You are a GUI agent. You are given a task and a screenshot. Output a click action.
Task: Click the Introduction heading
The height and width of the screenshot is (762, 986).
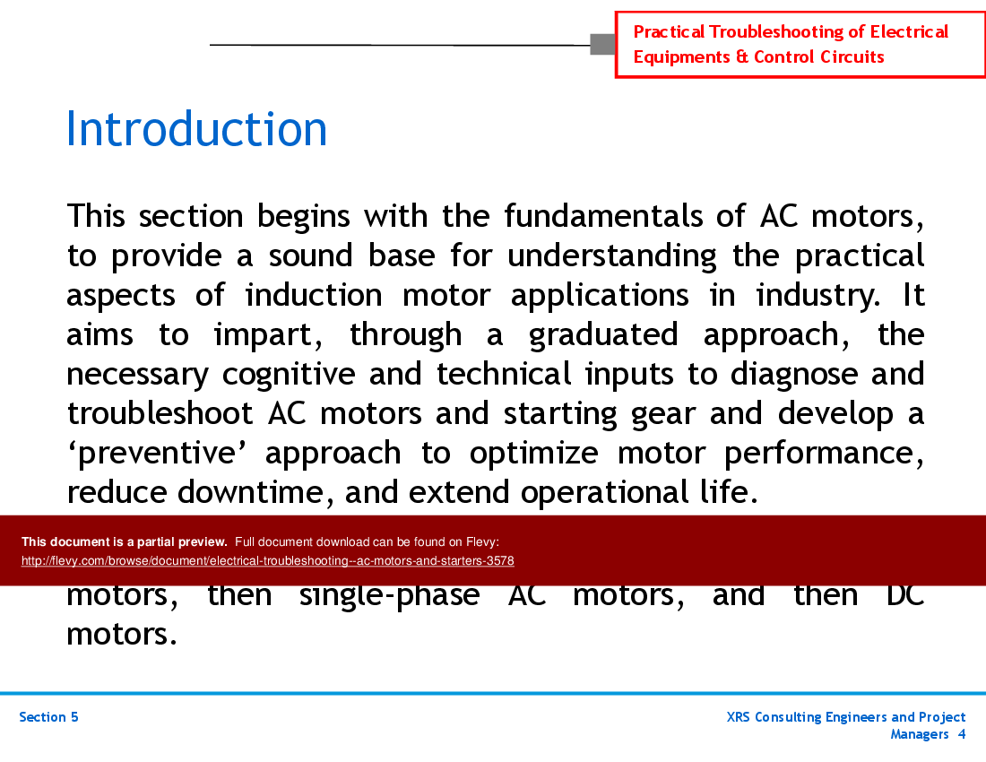[x=196, y=130]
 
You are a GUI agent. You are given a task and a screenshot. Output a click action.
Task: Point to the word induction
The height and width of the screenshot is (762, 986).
[x=313, y=295]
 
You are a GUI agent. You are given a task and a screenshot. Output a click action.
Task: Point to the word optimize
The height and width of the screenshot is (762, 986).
[x=533, y=453]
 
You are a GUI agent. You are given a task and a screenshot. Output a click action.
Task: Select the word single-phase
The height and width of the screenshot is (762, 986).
[x=389, y=595]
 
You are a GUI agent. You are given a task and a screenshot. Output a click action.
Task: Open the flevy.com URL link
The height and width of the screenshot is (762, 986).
[x=267, y=561]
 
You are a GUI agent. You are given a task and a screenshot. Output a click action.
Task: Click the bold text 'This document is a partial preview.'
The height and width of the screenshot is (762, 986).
[x=125, y=541]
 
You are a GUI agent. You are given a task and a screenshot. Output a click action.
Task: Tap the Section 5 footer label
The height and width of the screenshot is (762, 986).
[x=48, y=717]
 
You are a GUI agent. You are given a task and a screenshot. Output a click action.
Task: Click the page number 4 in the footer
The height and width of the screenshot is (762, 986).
[x=961, y=734]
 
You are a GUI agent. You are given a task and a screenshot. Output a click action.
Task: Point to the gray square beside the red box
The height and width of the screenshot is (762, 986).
[x=602, y=44]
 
